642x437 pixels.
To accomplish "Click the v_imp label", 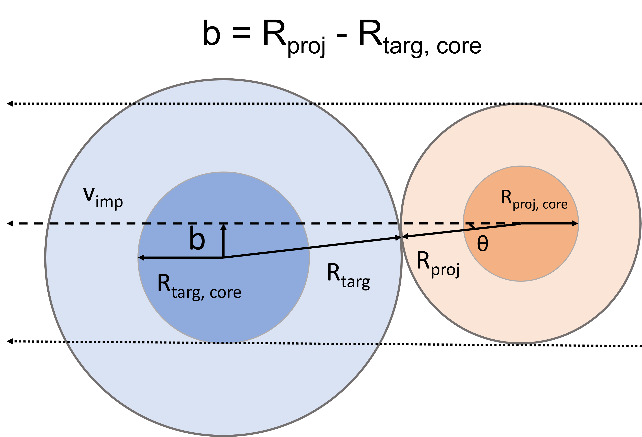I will pyautogui.click(x=103, y=197).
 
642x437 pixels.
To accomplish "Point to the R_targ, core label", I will pyautogui.click(x=199, y=287).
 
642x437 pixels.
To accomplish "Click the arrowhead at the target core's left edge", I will pyautogui.click(x=141, y=258).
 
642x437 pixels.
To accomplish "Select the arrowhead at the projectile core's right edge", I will pyautogui.click(x=575, y=223).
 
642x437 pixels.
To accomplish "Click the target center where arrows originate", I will pyautogui.click(x=223, y=258).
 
